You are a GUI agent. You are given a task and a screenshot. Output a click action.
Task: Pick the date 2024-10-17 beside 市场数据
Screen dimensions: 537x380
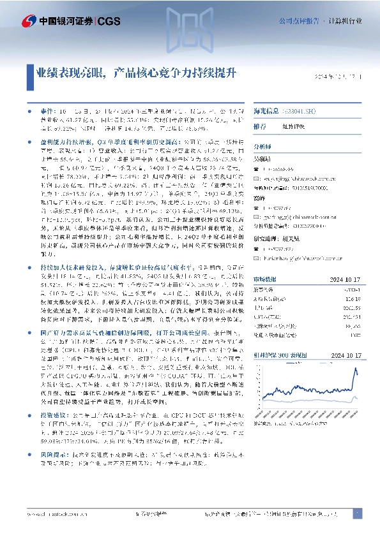pyautogui.click(x=345, y=278)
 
